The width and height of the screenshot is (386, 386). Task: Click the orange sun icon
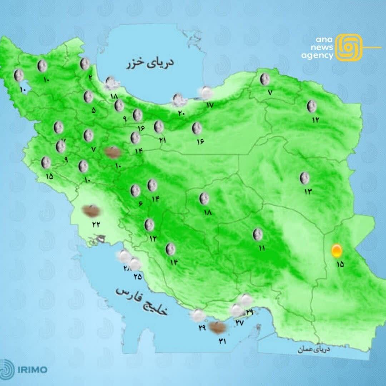[336, 251]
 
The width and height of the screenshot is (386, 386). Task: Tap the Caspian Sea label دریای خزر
[150, 63]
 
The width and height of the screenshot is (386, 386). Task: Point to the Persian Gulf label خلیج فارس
[142, 301]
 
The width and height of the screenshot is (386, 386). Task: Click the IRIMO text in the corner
[32, 369]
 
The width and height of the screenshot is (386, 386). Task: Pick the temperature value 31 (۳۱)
[223, 341]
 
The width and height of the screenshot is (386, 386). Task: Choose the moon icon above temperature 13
[305, 177]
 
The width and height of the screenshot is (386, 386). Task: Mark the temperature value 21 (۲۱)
[163, 140]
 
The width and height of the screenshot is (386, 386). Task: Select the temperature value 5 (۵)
[94, 110]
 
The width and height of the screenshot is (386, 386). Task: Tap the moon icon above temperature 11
[257, 234]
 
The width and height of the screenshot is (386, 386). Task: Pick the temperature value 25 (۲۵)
[138, 276]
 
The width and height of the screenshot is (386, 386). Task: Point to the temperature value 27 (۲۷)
[239, 322]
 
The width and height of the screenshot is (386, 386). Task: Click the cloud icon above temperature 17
[206, 93]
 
